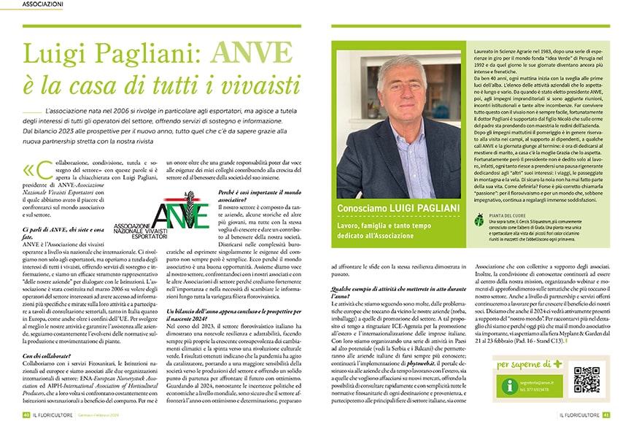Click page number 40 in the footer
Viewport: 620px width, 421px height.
click(x=25, y=414)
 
